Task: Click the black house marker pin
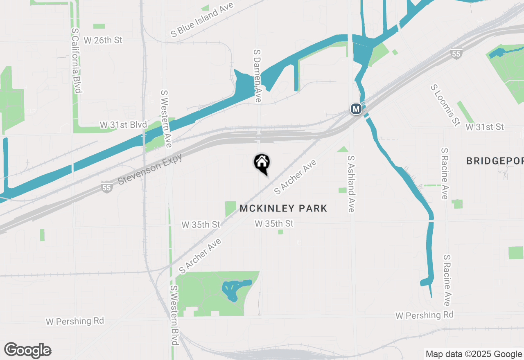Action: click(262, 163)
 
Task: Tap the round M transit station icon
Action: click(356, 109)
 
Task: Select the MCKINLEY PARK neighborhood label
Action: click(283, 209)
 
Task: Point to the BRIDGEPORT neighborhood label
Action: click(495, 161)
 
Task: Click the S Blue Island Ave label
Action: click(202, 20)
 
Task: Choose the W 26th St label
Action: click(103, 40)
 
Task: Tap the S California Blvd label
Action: click(77, 60)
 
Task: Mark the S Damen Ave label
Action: click(257, 76)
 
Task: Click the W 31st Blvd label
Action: click(123, 125)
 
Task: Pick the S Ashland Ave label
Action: click(351, 184)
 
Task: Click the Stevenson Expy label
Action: click(150, 169)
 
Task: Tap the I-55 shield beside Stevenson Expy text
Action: click(107, 188)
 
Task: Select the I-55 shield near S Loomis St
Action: click(456, 54)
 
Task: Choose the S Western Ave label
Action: click(166, 119)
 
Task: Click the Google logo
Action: click(28, 351)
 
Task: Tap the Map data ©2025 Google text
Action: click(474, 354)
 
